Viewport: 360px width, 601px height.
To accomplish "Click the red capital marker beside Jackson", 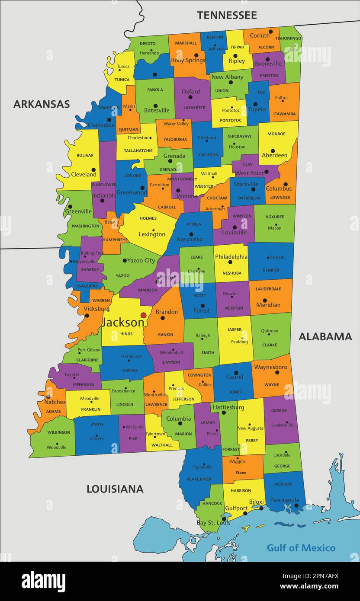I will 143,315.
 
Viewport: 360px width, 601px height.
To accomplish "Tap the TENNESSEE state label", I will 227,15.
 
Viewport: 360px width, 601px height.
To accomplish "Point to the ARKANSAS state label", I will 42,104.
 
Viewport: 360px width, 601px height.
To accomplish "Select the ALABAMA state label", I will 325,337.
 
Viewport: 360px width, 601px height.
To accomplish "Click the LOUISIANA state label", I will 115,489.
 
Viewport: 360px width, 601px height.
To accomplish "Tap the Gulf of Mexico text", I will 301,548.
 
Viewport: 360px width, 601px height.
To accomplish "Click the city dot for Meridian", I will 264,300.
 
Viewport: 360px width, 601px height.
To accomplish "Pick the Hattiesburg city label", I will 228,407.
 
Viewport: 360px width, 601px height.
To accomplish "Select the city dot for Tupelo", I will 255,104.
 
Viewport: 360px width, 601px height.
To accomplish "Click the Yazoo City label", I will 141,260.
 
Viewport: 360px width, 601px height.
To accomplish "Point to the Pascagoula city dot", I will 296,505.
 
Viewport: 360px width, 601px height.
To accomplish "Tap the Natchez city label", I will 55,402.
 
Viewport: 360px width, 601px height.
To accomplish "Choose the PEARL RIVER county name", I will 199,479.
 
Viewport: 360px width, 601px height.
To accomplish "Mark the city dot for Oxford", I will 190,97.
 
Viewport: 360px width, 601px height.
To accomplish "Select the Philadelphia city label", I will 231,257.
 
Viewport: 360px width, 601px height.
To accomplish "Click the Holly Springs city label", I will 188,61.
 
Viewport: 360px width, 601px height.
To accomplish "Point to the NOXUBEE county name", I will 274,217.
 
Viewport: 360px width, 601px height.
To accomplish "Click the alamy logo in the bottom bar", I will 44,581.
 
